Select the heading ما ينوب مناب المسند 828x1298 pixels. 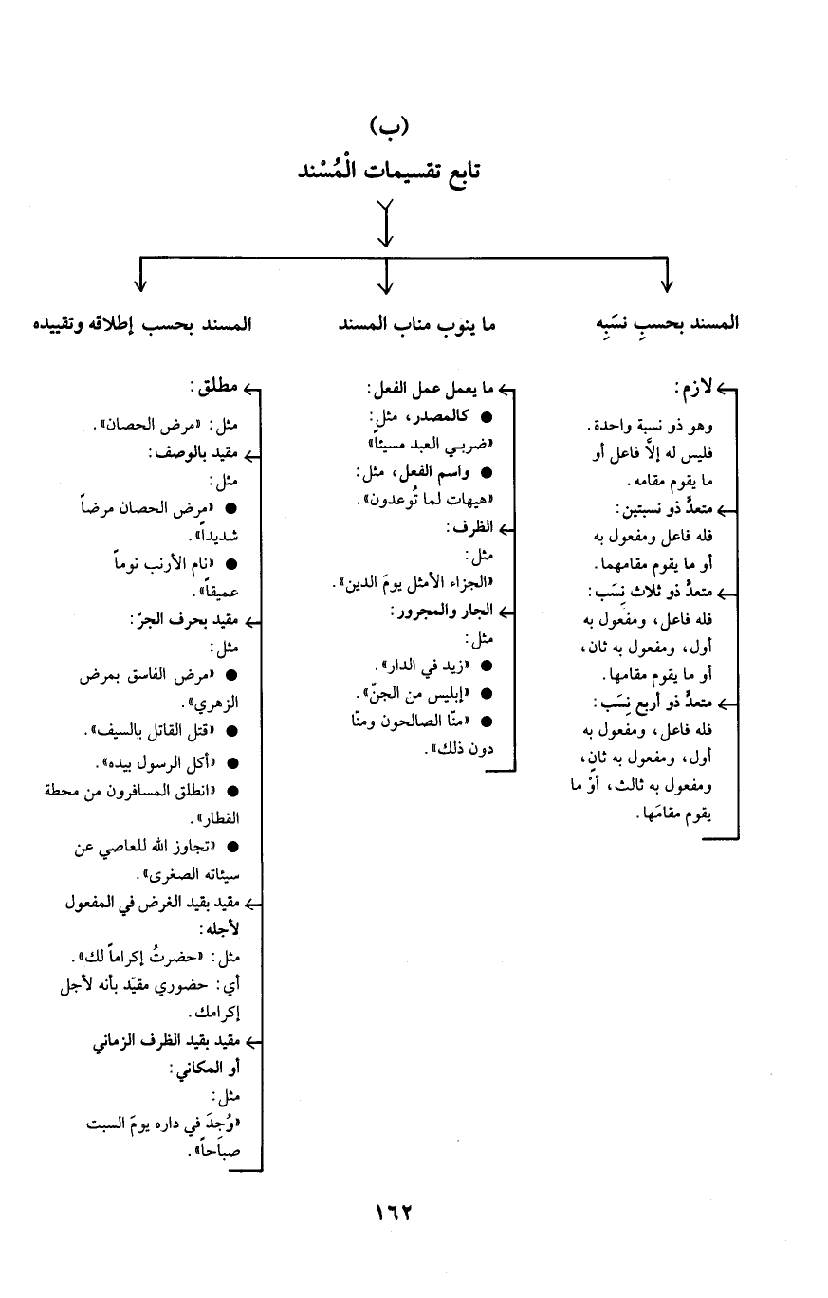pos(417,323)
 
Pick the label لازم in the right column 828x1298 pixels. pos(694,388)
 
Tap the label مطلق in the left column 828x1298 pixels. pos(214,388)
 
